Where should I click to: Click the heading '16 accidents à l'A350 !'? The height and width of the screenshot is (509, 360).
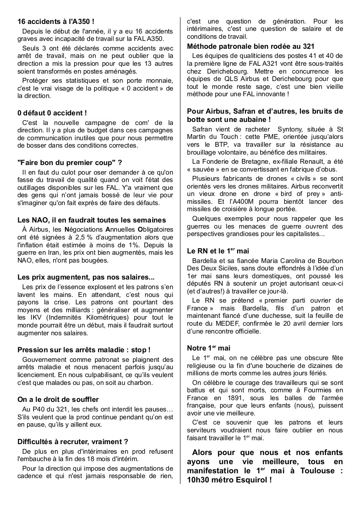click(x=56, y=21)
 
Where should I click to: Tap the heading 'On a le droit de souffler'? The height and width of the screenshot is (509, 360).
click(x=58, y=399)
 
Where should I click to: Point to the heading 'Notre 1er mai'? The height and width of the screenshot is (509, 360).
click(x=208, y=348)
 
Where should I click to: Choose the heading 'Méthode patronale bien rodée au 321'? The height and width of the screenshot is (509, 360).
click(x=251, y=46)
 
